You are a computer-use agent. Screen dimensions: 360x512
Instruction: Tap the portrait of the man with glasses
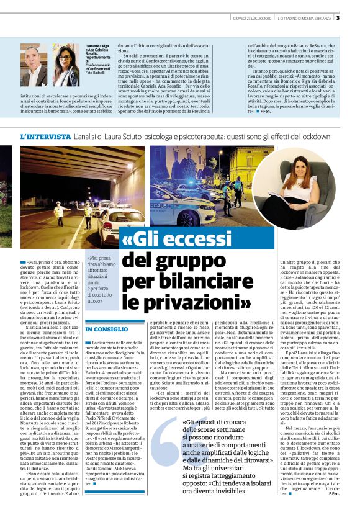tap(34, 65)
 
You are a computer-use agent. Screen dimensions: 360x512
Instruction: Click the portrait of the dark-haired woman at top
tap(66, 65)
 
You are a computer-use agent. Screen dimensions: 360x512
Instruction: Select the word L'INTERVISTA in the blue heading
tap(45, 136)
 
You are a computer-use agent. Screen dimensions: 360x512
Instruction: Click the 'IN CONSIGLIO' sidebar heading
tap(107, 329)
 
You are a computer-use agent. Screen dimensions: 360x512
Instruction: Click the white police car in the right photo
tap(178, 199)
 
